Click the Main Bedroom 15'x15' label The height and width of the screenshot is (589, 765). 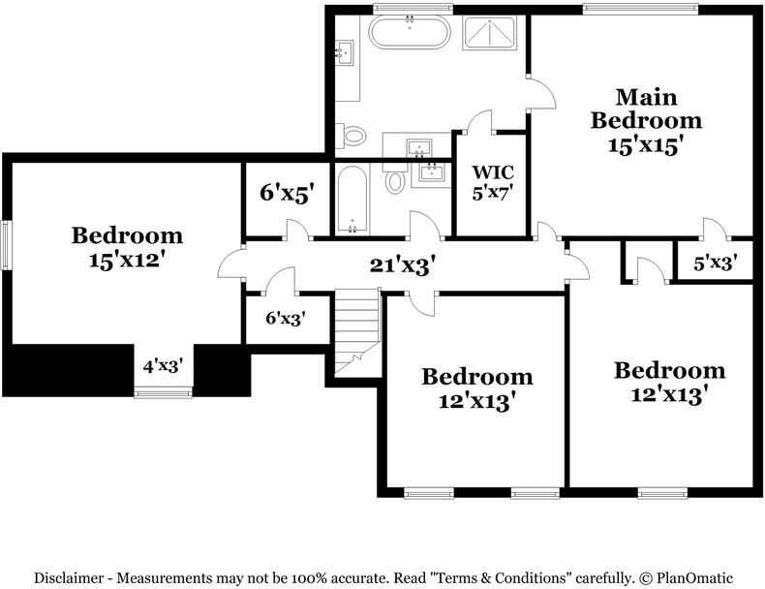pos(646,121)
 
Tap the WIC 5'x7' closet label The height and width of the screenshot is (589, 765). pos(493,182)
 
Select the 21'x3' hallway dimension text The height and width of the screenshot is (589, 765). pos(402,266)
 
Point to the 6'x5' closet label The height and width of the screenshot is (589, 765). pos(286,193)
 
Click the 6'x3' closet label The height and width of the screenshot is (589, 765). pos(286,318)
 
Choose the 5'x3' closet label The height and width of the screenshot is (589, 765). pos(715,263)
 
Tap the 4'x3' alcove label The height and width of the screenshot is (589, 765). pos(163,365)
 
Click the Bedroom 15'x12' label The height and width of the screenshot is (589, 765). pos(127,247)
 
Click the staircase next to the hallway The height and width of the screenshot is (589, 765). pos(357,332)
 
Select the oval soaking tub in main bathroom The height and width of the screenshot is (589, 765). pos(410,32)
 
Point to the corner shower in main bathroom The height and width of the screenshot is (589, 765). pos(489,33)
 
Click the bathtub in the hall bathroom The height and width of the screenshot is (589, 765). pos(352,201)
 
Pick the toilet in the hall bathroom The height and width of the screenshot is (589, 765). pos(395,178)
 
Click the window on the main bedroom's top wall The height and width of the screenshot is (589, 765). pos(640,8)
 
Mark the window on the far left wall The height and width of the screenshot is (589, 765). pos(7,244)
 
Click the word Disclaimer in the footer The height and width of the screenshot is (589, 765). pos(69,578)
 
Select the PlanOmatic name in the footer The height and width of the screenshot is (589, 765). pos(694,578)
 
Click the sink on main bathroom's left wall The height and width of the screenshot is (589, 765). pos(345,52)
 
